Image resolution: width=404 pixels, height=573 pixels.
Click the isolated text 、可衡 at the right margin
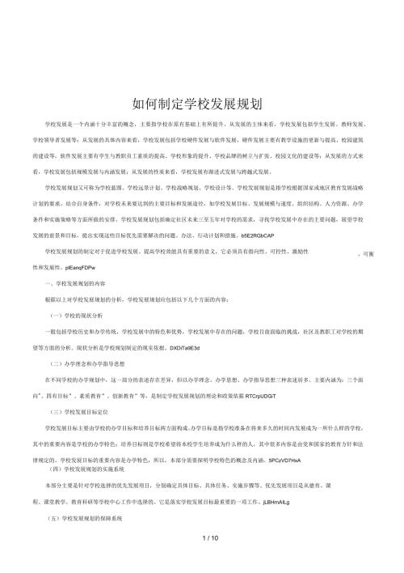click(365, 254)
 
